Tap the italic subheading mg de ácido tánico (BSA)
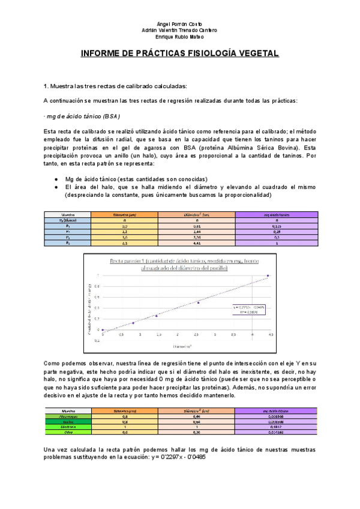pos(83,115)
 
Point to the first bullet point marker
pos(55,179)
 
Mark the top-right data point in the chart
pos(268,276)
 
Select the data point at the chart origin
pos(103,330)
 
